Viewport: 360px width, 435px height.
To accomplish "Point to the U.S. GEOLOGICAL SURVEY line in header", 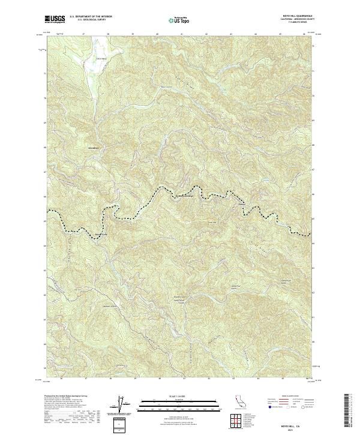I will (90, 20).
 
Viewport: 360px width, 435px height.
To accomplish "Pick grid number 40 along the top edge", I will (157, 34).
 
